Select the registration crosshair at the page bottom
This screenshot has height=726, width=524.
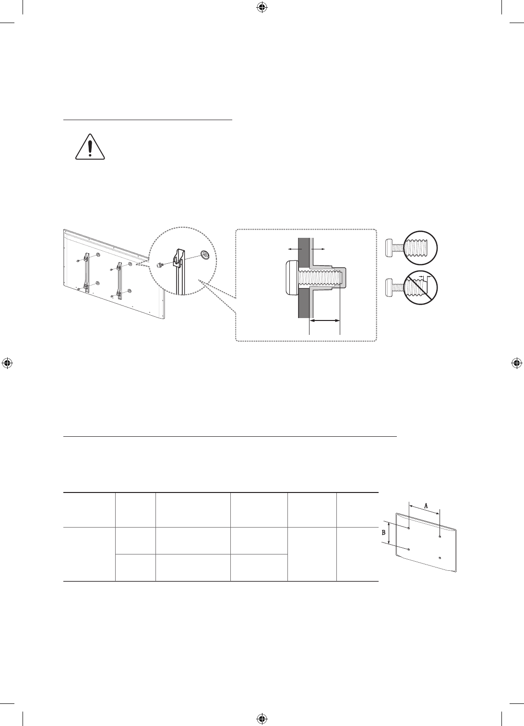[x=262, y=718]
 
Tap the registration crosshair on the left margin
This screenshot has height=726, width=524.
[x=7, y=363]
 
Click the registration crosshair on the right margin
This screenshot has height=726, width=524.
[x=517, y=363]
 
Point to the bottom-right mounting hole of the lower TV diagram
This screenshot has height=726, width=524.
[x=440, y=558]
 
